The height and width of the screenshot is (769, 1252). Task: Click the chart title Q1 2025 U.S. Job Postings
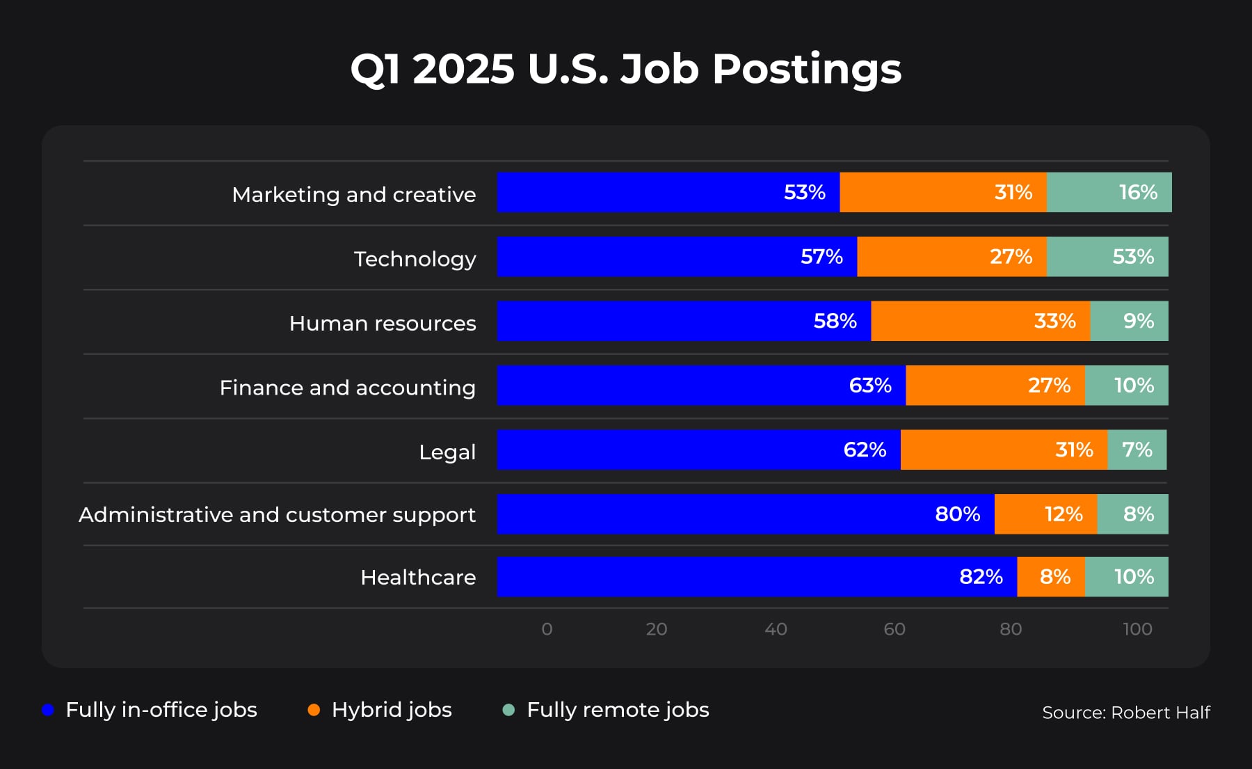(x=626, y=69)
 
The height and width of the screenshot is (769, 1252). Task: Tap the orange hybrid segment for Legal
(x=1004, y=450)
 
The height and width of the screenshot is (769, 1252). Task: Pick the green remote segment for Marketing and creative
(x=1109, y=192)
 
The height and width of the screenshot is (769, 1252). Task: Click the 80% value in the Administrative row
(x=957, y=514)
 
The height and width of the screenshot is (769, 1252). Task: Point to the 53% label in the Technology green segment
(x=1133, y=257)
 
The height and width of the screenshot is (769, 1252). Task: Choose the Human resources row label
(x=383, y=324)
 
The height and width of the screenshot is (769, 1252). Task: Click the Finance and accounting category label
(x=347, y=388)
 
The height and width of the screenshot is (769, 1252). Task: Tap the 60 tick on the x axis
(x=894, y=629)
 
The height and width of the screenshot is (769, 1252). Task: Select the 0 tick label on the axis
(x=547, y=629)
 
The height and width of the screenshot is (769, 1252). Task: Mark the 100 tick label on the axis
(x=1137, y=629)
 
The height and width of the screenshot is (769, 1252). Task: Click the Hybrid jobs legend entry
(x=392, y=710)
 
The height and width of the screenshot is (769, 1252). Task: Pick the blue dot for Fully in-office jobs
(x=48, y=710)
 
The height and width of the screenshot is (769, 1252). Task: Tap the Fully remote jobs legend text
(x=618, y=710)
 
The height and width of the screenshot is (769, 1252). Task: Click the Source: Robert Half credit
(x=1125, y=713)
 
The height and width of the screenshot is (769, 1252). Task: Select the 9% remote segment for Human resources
(x=1129, y=321)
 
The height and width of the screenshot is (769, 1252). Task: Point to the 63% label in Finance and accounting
(x=870, y=386)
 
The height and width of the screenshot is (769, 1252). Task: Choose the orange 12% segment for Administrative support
(x=1045, y=514)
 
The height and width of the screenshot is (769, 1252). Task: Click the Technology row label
(x=415, y=259)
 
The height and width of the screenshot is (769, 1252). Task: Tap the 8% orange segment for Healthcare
(x=1050, y=577)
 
